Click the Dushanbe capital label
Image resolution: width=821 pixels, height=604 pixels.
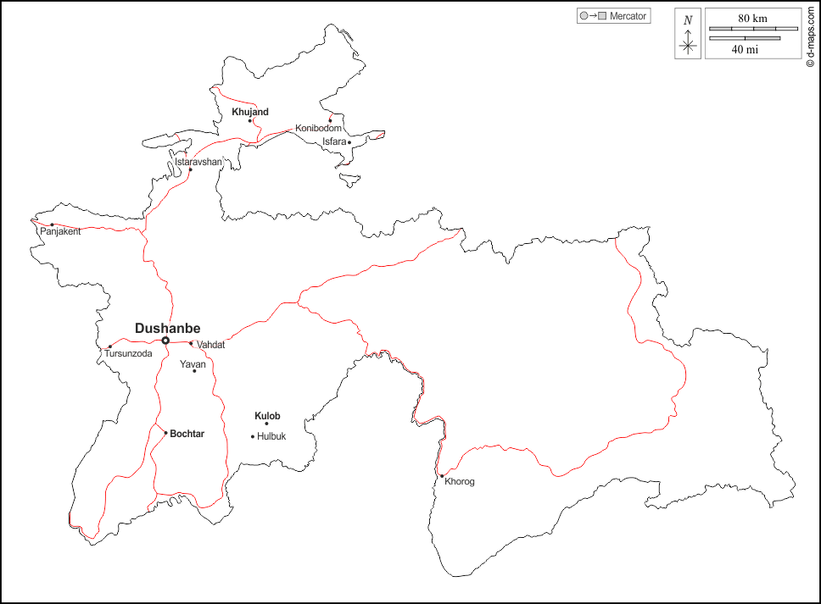click(x=168, y=329)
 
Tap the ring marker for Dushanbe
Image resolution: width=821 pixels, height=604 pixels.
click(x=165, y=341)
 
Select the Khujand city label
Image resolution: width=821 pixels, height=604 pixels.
click(x=250, y=112)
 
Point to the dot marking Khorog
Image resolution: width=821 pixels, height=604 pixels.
click(x=442, y=475)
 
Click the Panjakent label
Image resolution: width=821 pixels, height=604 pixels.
click(x=60, y=232)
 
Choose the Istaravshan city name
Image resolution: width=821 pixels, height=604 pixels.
click(x=198, y=161)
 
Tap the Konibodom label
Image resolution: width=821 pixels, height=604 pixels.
click(x=318, y=128)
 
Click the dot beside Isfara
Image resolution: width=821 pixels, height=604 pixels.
click(x=349, y=142)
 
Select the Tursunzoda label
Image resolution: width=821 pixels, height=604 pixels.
click(x=128, y=353)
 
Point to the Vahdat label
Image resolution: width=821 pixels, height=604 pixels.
click(x=210, y=345)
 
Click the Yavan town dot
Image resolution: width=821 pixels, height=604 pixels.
click(x=194, y=370)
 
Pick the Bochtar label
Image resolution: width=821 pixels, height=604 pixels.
click(x=187, y=434)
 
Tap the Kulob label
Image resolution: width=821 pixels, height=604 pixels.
click(x=267, y=416)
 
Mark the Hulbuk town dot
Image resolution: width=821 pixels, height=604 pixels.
click(x=253, y=436)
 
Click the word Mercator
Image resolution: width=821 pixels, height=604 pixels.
click(x=628, y=16)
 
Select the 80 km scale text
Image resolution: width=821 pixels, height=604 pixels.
click(x=752, y=18)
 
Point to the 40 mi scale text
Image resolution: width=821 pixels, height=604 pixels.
click(x=745, y=49)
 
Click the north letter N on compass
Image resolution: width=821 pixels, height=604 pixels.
click(x=688, y=19)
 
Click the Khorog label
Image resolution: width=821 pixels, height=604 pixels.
click(x=460, y=482)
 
